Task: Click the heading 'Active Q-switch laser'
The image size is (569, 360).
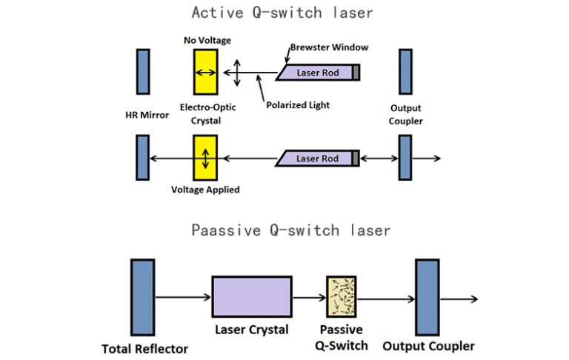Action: pos(282,13)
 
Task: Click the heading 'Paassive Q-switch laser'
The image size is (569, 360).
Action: pos(290,230)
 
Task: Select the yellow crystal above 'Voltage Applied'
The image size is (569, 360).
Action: pos(205,158)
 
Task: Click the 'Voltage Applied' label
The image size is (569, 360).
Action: pos(205,190)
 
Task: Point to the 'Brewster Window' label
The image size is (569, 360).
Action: pos(329,47)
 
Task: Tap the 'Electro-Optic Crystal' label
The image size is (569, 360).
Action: pos(207,114)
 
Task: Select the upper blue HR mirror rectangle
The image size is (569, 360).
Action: pos(143,73)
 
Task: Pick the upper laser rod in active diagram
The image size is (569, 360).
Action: pos(317,73)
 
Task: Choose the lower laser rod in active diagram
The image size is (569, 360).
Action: pos(317,158)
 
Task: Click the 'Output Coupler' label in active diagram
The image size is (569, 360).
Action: pos(405,114)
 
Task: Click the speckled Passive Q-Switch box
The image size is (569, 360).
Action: pos(342,298)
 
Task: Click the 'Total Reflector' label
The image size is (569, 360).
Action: pos(145,348)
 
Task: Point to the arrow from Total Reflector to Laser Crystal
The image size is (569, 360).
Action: pos(182,298)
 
